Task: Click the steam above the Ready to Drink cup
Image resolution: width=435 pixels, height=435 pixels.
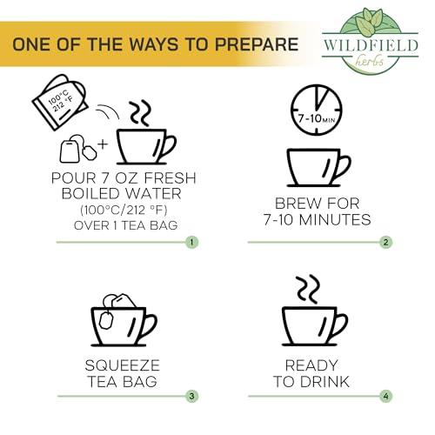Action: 305,288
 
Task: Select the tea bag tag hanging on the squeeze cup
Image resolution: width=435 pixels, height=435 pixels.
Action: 107,320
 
